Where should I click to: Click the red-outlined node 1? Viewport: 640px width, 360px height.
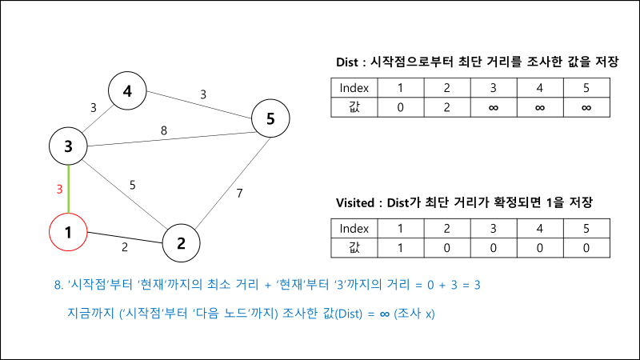pos(69,233)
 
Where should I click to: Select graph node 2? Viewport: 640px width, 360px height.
pos(182,242)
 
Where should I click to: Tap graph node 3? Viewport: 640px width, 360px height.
pos(69,146)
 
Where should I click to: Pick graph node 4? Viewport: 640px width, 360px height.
pos(127,91)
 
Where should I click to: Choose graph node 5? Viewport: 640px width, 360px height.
pos(270,119)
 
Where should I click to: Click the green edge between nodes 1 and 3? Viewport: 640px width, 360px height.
pos(69,190)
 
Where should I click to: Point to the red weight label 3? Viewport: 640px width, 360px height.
pos(58,190)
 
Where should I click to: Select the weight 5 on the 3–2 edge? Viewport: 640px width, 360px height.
pos(132,186)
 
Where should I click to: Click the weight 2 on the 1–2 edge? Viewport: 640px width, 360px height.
pos(125,247)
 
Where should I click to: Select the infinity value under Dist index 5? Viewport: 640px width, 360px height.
pos(586,107)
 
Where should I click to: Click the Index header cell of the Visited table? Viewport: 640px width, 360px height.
pos(354,227)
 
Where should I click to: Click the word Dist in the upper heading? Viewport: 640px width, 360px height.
pos(349,62)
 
